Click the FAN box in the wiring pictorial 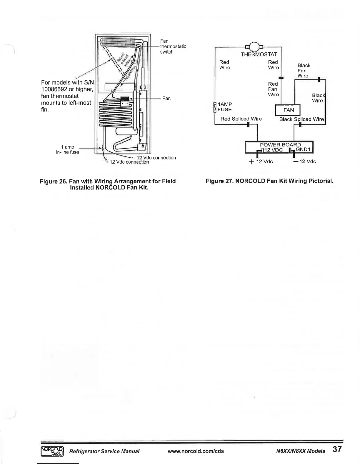pyautogui.click(x=288, y=110)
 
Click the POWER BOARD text pyautogui.click(x=280, y=144)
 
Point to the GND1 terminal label pyautogui.click(x=303, y=149)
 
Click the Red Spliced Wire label pyautogui.click(x=241, y=119)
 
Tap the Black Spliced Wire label pyautogui.click(x=301, y=119)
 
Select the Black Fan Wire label pyautogui.click(x=304, y=71)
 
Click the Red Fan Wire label pyautogui.click(x=273, y=89)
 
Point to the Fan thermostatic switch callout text pyautogui.click(x=173, y=46)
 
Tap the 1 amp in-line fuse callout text pyautogui.click(x=68, y=149)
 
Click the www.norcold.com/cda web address pyautogui.click(x=196, y=451)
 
